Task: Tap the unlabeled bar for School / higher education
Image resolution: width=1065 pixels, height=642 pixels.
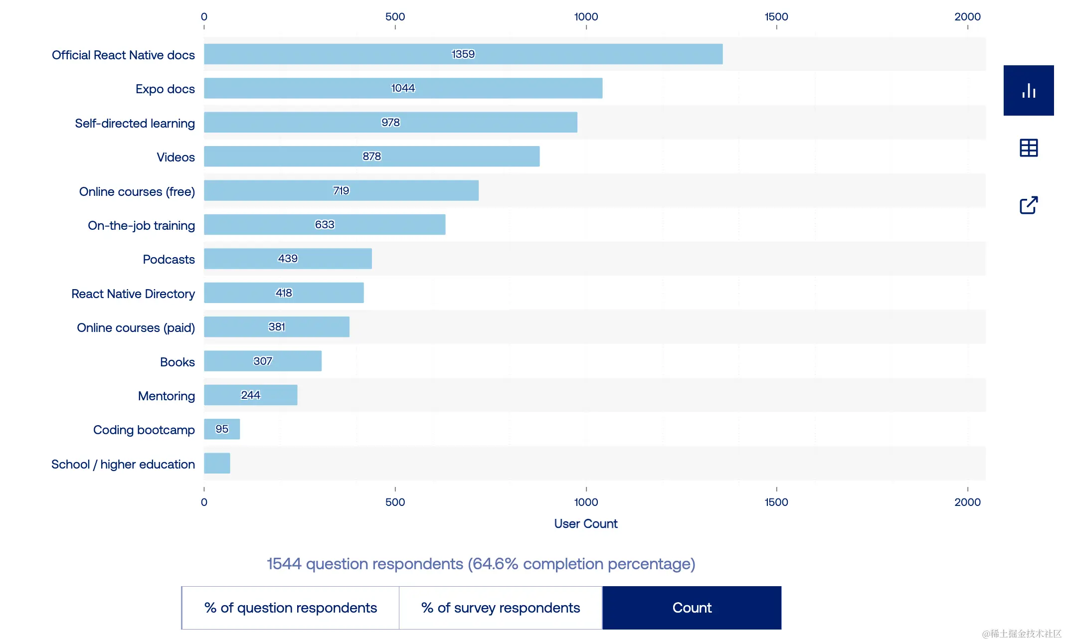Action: [x=217, y=463]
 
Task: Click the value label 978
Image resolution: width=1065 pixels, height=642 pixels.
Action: [x=390, y=123]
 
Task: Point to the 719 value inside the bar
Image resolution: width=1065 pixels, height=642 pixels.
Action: [x=341, y=191]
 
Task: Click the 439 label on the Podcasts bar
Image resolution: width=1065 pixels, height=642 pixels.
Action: [x=288, y=259]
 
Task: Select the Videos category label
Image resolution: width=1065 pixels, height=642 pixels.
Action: [x=176, y=158]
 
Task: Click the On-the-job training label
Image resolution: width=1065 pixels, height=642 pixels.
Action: [x=141, y=226]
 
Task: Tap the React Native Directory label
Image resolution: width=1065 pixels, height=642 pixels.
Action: [x=133, y=294]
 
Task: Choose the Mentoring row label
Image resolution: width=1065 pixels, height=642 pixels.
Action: [x=167, y=396]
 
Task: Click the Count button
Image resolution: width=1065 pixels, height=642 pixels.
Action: [x=692, y=608]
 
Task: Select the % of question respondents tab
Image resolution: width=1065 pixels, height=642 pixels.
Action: [x=291, y=608]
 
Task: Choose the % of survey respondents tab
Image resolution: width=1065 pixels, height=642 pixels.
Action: [x=501, y=608]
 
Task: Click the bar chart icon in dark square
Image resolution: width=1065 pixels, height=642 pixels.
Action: [x=1029, y=91]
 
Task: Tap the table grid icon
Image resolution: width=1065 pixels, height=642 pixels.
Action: [x=1029, y=148]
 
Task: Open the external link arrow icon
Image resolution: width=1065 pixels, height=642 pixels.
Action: [x=1029, y=205]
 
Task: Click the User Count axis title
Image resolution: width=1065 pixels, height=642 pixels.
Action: [x=586, y=524]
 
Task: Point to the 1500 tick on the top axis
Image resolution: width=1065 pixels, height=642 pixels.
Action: [x=776, y=17]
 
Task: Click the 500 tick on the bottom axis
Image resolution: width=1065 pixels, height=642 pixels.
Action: [x=395, y=502]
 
